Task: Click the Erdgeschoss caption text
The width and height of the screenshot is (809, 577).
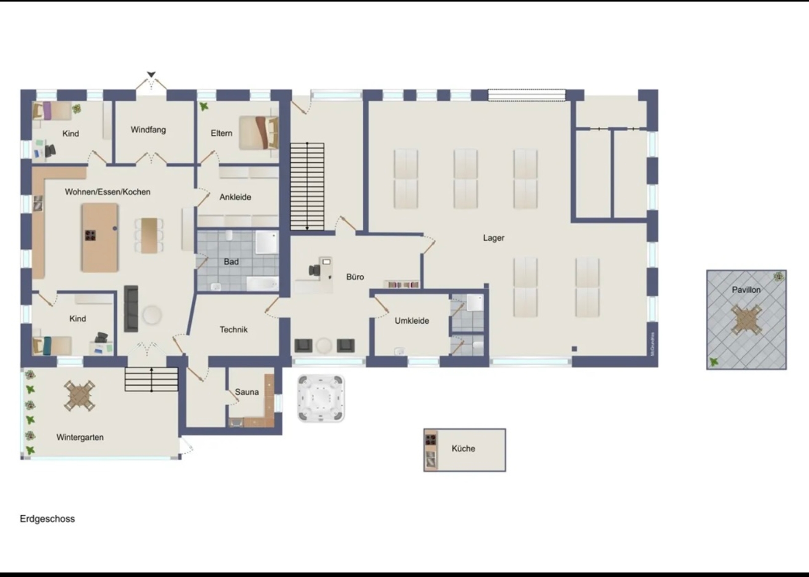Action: click(x=47, y=519)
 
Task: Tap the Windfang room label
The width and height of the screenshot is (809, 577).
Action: click(x=148, y=130)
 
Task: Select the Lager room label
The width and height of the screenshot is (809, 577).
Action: click(x=493, y=238)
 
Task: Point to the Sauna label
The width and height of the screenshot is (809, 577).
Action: click(x=247, y=392)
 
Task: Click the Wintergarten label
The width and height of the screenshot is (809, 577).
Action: click(x=80, y=437)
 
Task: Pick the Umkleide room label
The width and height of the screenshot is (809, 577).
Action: click(x=412, y=321)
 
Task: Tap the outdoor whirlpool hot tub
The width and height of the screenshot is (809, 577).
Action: click(x=321, y=398)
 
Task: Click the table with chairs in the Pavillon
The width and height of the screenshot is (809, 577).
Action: click(x=746, y=319)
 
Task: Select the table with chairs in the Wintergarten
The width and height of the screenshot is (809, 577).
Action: click(x=79, y=396)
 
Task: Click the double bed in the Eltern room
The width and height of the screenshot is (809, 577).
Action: click(x=259, y=133)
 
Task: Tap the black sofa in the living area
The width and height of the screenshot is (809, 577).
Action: click(x=131, y=308)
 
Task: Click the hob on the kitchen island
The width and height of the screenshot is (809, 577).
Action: click(x=90, y=235)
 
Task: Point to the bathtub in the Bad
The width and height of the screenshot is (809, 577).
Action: click(x=262, y=283)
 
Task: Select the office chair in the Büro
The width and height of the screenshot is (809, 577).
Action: click(x=314, y=270)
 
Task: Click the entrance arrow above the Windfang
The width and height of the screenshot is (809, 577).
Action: click(x=151, y=75)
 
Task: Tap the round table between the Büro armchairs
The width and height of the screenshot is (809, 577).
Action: click(x=324, y=346)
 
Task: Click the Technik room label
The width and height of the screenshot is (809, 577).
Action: click(x=233, y=330)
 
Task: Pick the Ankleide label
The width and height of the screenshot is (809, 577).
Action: click(x=235, y=197)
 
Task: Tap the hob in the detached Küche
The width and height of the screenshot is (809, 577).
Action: click(x=431, y=440)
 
